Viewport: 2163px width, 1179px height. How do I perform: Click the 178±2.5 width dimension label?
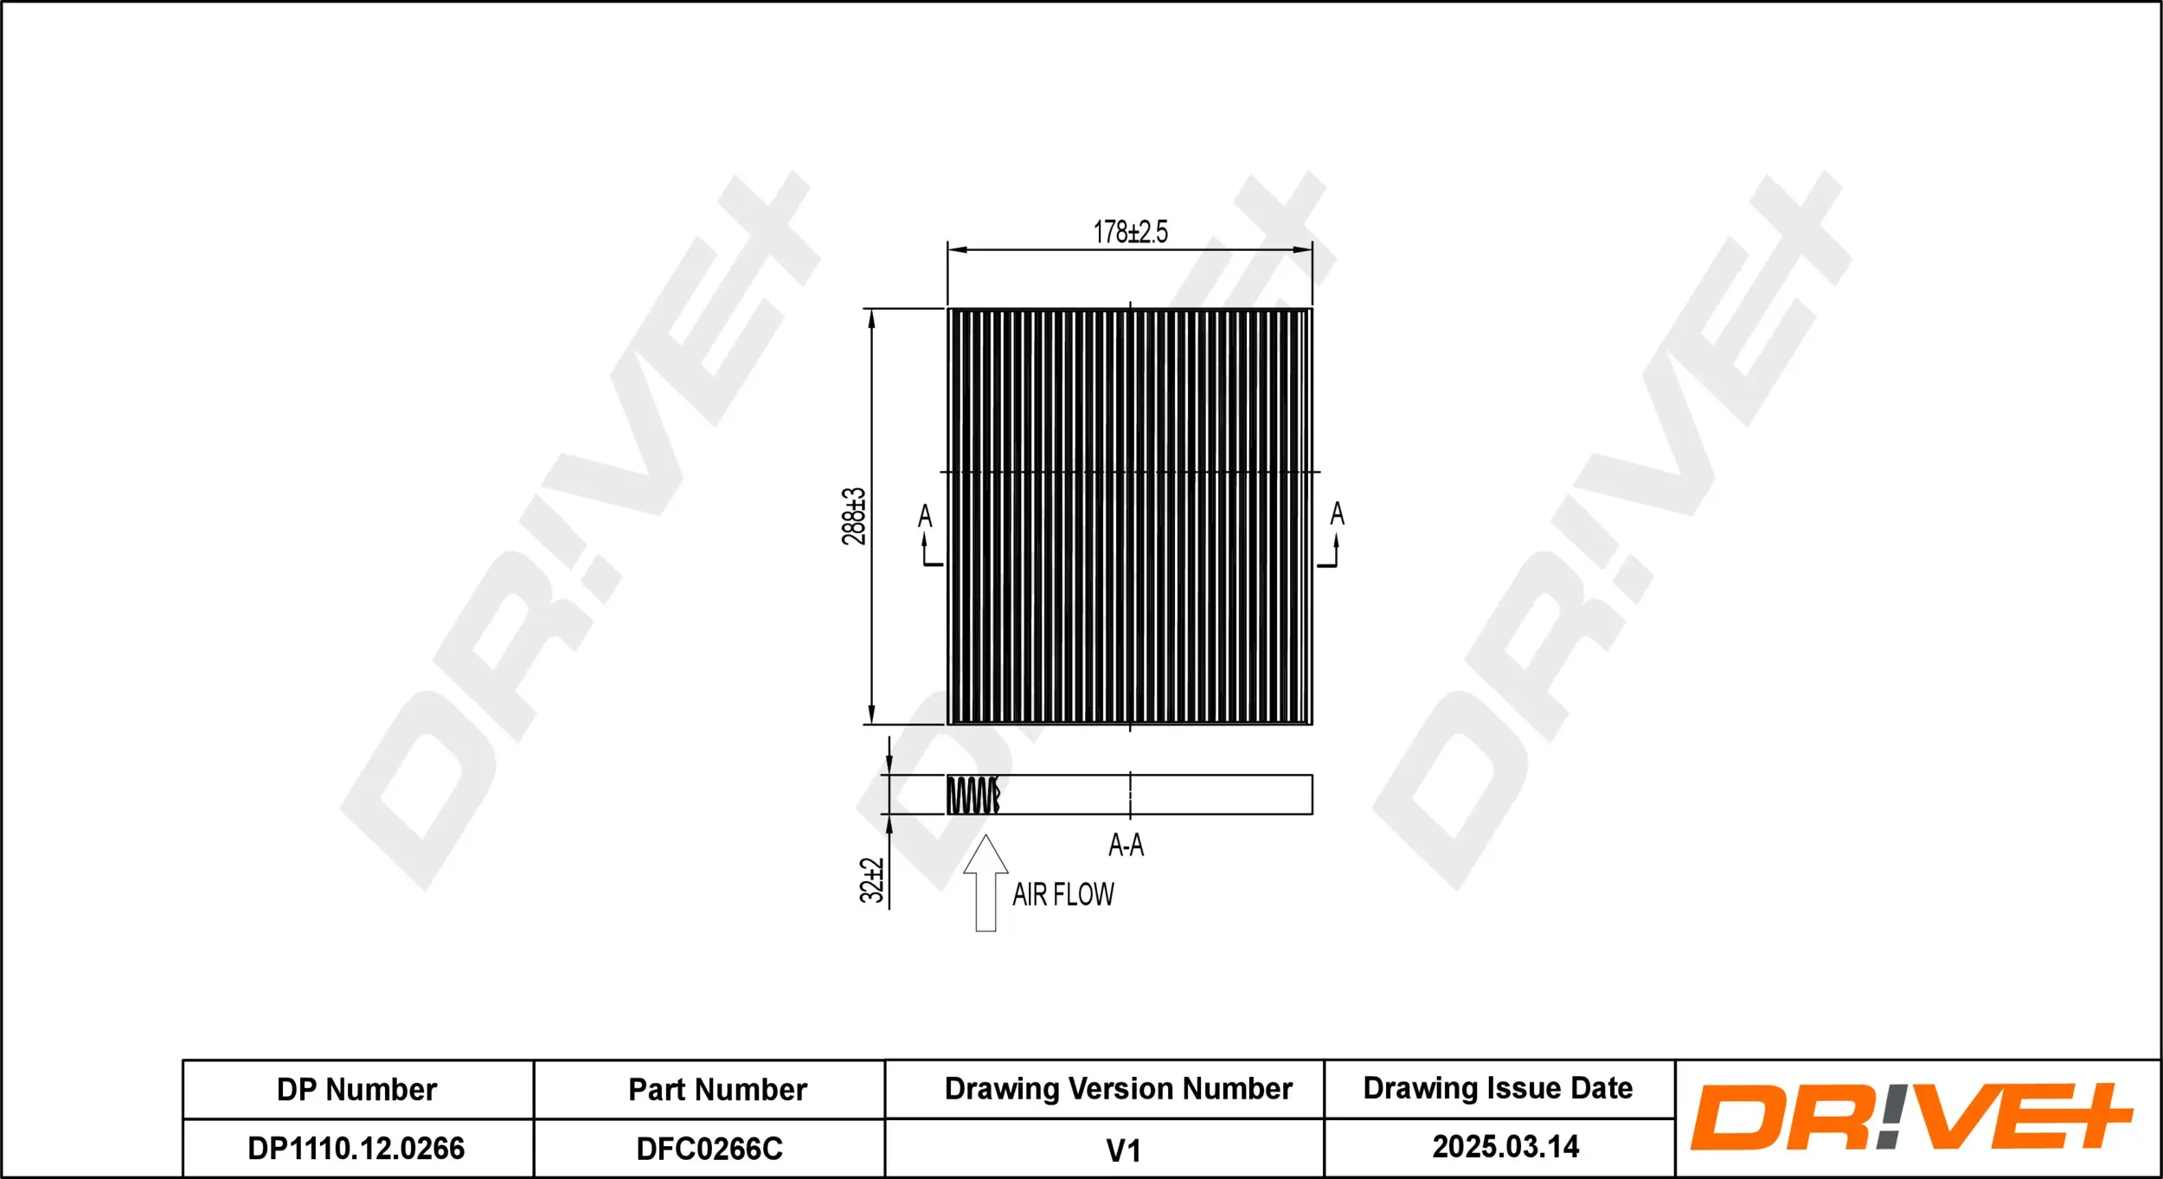1130,232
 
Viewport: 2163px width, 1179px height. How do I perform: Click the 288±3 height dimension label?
853,516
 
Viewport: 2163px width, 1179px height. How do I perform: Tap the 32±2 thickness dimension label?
871,880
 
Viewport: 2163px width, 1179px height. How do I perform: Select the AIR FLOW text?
1063,894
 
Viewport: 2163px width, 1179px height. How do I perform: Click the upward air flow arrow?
985,883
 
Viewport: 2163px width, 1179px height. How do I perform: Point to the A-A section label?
1126,845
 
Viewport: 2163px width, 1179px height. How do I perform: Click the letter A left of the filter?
925,517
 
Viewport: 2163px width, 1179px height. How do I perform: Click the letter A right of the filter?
1337,514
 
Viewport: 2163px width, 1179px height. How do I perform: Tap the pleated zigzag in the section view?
973,795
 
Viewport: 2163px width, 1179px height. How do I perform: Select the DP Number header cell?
356,1090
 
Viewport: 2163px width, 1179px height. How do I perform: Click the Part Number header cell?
717,1090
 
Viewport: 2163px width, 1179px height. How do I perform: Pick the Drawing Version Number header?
1118,1088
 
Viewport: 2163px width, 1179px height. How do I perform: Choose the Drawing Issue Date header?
1498,1088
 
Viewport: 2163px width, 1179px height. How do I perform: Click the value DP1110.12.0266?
356,1149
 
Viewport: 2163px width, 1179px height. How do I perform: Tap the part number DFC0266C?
709,1149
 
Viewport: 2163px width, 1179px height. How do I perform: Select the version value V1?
1123,1150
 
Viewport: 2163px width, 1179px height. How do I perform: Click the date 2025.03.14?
1505,1147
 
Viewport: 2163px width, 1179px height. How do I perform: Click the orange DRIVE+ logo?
1910,1117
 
